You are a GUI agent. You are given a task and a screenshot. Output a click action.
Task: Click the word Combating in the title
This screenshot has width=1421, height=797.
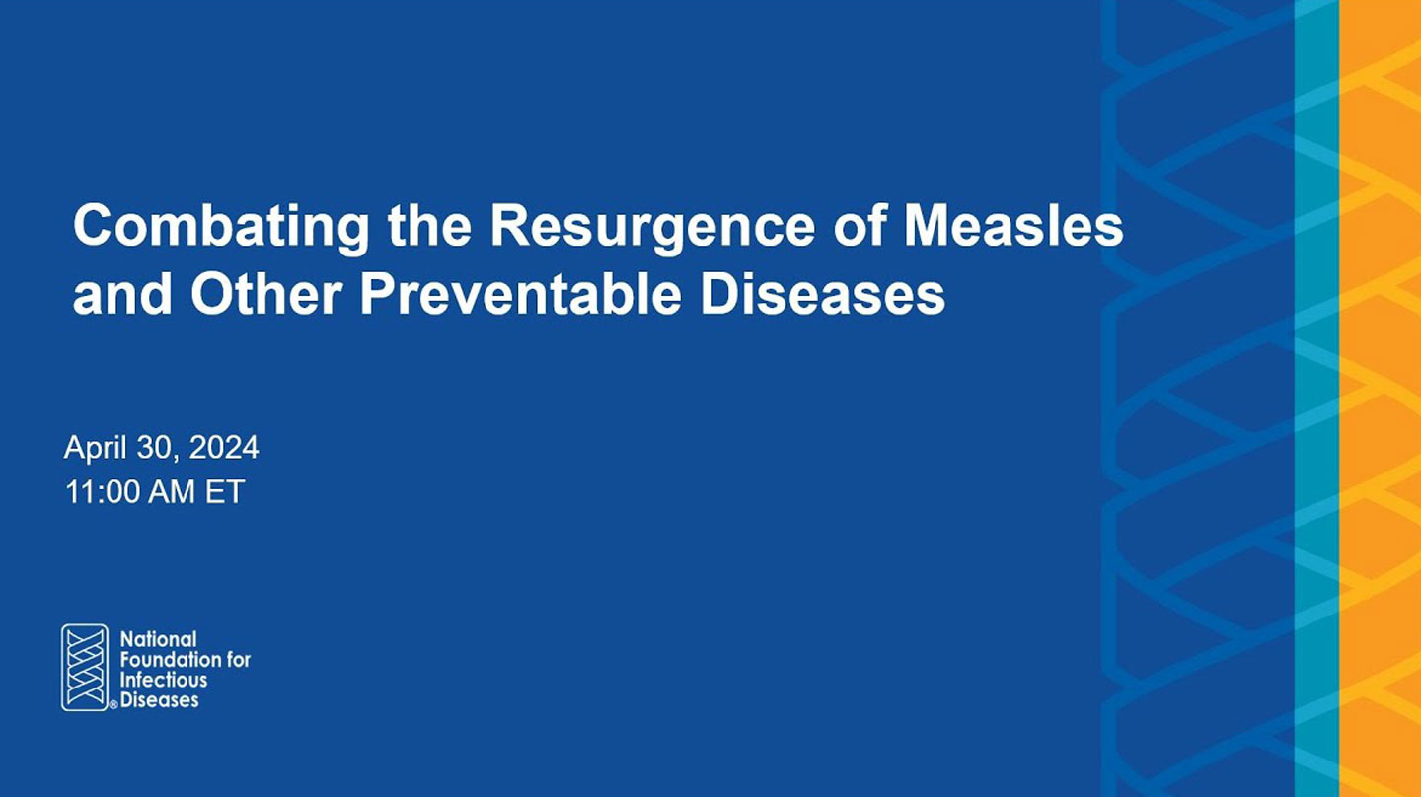click(221, 228)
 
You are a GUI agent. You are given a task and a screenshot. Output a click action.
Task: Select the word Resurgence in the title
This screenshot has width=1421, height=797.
click(653, 228)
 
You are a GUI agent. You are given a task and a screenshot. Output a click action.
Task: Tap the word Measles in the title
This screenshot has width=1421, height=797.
click(1013, 226)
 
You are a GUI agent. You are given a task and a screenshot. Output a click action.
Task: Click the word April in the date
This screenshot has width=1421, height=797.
click(96, 448)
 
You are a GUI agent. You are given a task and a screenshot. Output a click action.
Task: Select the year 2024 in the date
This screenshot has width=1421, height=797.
click(224, 447)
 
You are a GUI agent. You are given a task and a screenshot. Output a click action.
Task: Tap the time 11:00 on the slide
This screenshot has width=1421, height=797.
click(103, 492)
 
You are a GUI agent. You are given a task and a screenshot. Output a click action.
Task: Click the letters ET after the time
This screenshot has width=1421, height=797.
click(225, 492)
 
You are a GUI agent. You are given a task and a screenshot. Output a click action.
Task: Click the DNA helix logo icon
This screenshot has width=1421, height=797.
click(85, 668)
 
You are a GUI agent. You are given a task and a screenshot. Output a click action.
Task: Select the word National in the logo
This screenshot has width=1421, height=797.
click(159, 639)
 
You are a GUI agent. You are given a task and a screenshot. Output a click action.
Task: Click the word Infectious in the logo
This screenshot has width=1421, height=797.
click(164, 680)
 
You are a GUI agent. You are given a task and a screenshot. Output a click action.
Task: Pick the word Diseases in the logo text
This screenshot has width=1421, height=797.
click(159, 700)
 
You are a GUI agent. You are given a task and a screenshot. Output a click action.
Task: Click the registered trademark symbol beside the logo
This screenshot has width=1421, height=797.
click(113, 705)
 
